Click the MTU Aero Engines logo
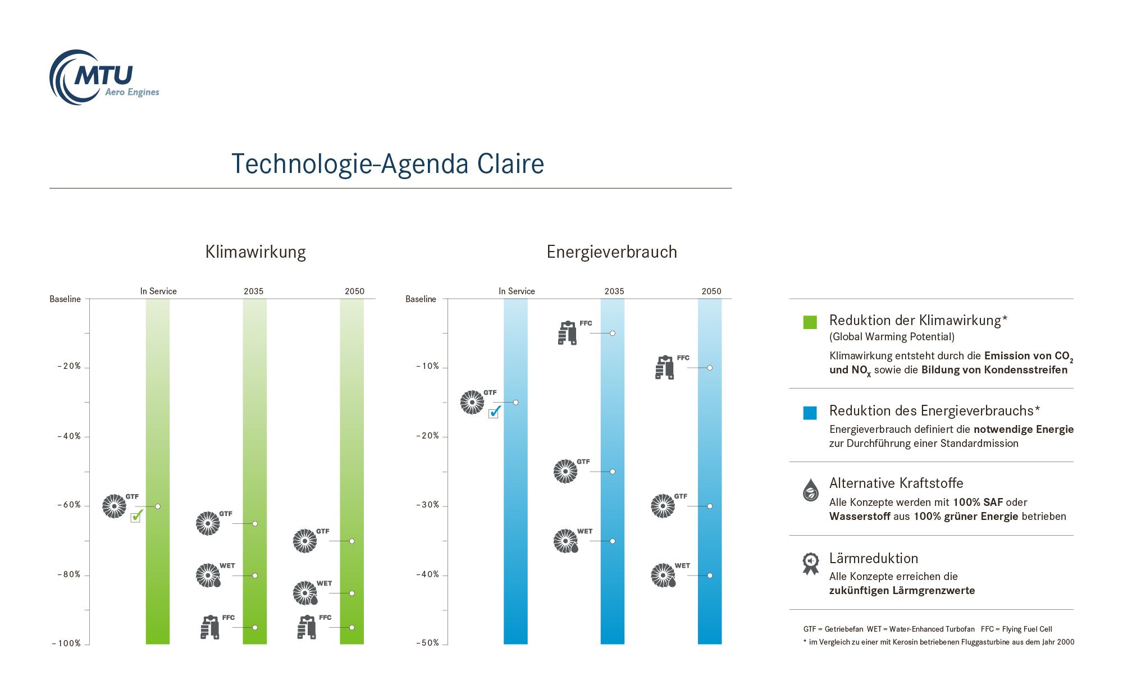(104, 77)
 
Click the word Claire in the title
(510, 164)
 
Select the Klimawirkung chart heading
(255, 252)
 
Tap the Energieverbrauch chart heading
(611, 252)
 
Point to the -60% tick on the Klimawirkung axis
(70, 505)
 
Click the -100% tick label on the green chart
(67, 643)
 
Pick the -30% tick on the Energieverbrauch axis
(428, 505)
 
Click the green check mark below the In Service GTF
(136, 515)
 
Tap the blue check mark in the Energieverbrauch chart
(494, 412)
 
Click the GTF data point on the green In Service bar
(158, 506)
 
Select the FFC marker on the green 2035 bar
(255, 628)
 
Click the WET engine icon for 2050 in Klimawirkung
(305, 593)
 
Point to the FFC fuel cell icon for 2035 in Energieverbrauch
(567, 333)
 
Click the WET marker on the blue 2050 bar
(710, 576)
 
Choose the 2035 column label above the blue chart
(614, 291)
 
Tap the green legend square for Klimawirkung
(810, 322)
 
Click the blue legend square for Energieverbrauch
(810, 413)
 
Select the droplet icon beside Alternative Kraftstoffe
(810, 490)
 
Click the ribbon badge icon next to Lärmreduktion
(810, 564)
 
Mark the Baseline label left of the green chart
(65, 299)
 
